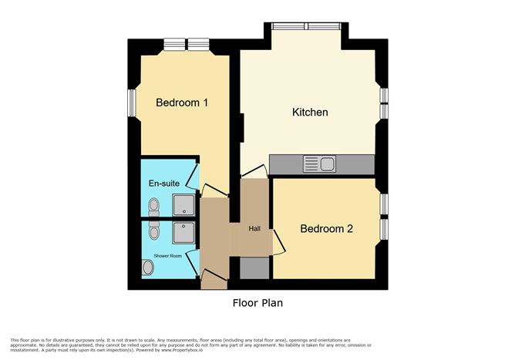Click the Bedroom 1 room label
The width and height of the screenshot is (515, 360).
(182, 103)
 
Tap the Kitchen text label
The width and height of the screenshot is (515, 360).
(310, 113)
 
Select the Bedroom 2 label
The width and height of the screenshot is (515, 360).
(326, 229)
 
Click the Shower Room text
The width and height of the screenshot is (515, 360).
(167, 255)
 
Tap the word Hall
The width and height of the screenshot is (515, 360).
(254, 228)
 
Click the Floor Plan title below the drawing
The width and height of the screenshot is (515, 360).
(257, 303)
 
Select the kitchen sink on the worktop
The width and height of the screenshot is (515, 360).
(319, 163)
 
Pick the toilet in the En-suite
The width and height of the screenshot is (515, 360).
(153, 206)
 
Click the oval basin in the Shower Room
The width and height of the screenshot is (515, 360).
(148, 267)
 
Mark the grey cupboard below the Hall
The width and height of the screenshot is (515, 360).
(254, 267)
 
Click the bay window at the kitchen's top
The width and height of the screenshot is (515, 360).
(307, 26)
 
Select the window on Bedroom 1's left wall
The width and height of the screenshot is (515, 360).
(132, 103)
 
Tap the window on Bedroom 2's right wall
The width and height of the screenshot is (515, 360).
(384, 217)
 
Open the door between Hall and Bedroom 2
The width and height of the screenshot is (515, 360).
(278, 243)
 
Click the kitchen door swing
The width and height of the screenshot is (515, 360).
(253, 171)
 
